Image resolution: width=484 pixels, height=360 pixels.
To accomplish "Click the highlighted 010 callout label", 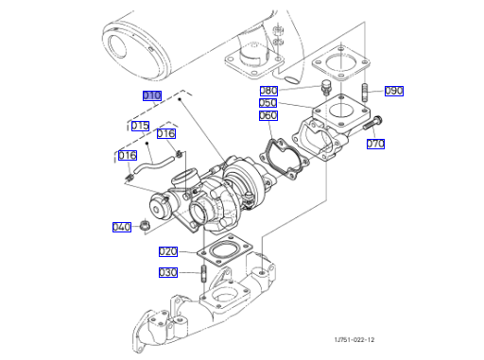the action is tap(152, 95).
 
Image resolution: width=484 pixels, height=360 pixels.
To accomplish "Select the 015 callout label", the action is tap(140, 126).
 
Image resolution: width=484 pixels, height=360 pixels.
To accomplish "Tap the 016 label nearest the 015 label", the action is tap(166, 133).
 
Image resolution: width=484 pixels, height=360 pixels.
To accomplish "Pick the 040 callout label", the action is tap(122, 227).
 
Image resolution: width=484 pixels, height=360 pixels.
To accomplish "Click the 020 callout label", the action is tap(168, 251).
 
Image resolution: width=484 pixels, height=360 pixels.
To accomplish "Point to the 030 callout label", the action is tap(168, 272).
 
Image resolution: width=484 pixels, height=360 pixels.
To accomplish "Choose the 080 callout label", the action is tap(268, 91).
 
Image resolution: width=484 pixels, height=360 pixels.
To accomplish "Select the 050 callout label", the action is tap(268, 103).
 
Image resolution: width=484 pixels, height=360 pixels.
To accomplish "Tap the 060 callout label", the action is tap(268, 115).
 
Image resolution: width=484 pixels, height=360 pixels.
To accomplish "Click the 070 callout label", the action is tap(375, 144).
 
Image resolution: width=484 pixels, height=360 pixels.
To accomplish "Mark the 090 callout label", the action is tap(394, 91).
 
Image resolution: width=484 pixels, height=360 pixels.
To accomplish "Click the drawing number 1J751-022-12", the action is tap(354, 339).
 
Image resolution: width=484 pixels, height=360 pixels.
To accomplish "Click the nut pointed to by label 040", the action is tap(145, 226).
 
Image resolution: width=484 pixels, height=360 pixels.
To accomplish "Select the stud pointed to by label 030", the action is tap(203, 274).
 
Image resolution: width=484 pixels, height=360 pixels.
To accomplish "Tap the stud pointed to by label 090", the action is tap(365, 93).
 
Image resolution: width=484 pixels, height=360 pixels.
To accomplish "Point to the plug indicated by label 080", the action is tap(326, 87).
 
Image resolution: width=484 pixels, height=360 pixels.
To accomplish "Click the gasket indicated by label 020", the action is tap(225, 251).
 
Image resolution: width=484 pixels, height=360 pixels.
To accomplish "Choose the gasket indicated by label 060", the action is tap(285, 158).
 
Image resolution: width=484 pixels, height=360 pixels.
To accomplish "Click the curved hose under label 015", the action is tap(154, 164).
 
